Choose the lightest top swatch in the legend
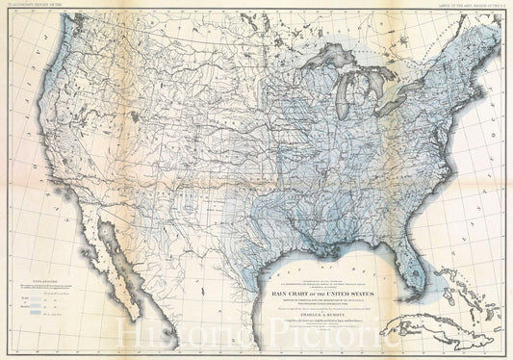tap(36, 299)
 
